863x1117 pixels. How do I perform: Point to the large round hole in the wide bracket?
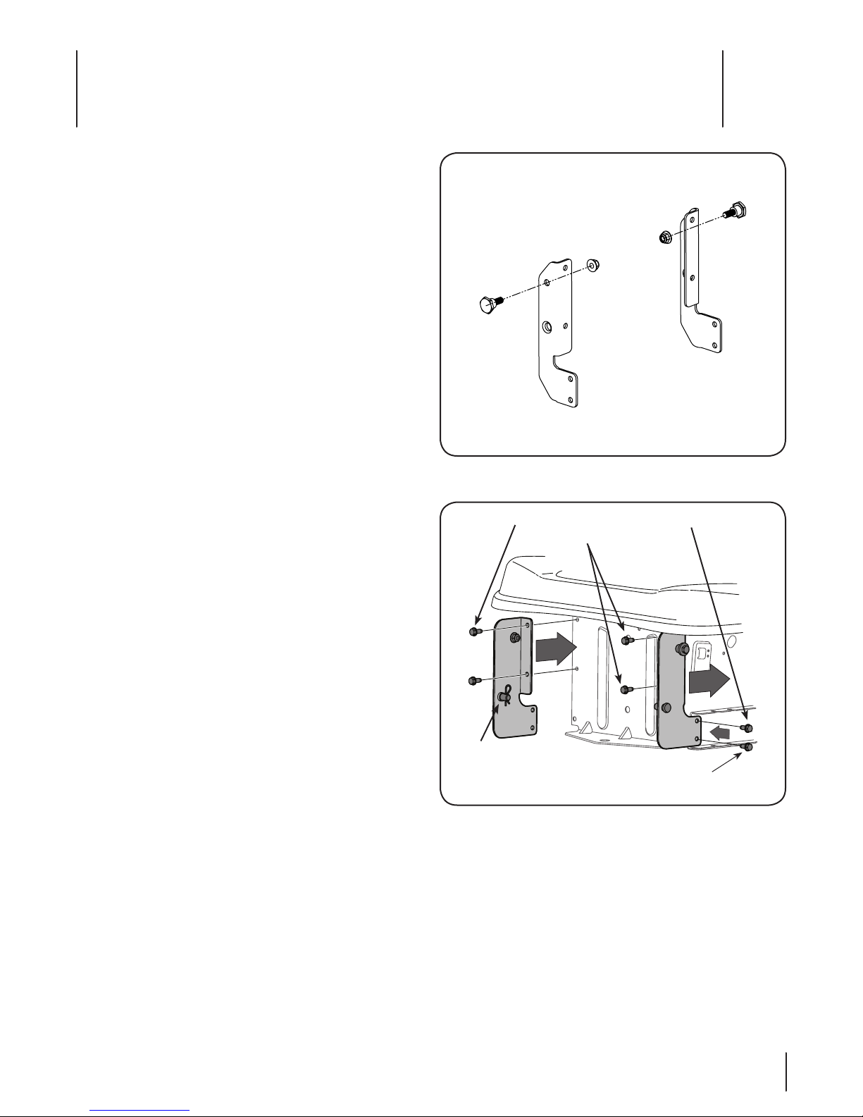pos(547,327)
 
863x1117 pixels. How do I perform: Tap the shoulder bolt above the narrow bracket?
pos(738,210)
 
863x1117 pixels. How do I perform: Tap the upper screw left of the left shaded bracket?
pos(475,631)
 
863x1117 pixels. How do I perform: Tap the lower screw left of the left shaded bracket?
pos(475,681)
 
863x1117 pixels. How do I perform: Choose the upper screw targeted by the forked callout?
pos(626,640)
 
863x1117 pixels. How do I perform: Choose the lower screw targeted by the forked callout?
pos(624,689)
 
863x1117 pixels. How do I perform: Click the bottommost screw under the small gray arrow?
pos(747,748)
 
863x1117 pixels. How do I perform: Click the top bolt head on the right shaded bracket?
pos(682,648)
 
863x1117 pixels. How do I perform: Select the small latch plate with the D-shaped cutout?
pos(703,658)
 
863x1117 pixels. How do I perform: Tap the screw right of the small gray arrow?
pos(747,727)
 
